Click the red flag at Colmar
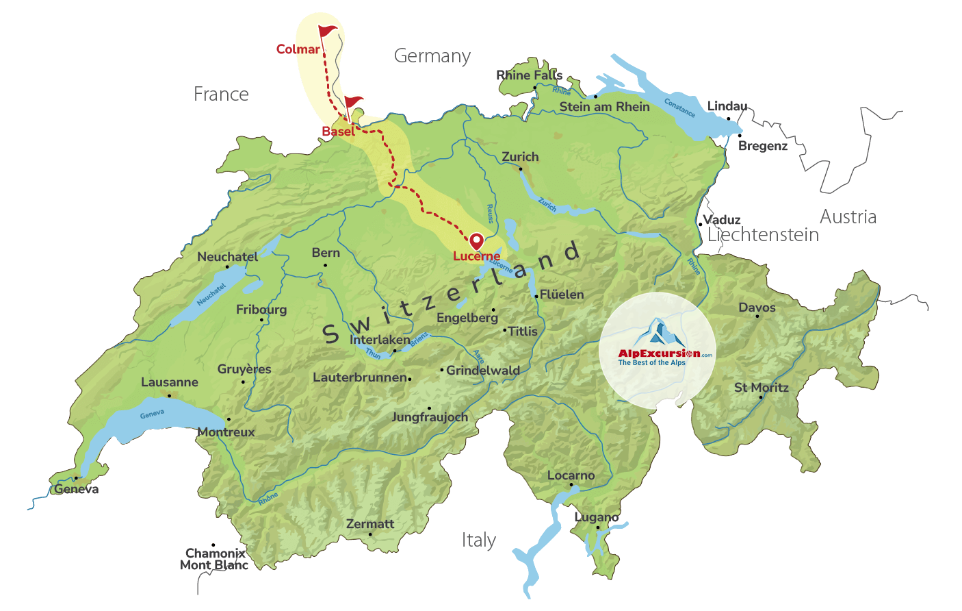[328, 32]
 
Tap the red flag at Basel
[353, 103]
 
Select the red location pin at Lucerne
[476, 241]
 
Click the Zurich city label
[520, 157]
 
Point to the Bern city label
[326, 253]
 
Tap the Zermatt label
[370, 524]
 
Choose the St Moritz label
[761, 388]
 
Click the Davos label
[757, 308]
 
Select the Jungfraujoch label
[430, 417]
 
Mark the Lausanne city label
[170, 382]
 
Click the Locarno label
[571, 475]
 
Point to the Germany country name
[432, 56]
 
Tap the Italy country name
[478, 540]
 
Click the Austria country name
[848, 217]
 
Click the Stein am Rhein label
[604, 107]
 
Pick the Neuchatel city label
[228, 257]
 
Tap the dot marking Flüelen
[536, 296]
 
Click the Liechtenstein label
[763, 235]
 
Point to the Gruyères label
[244, 369]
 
